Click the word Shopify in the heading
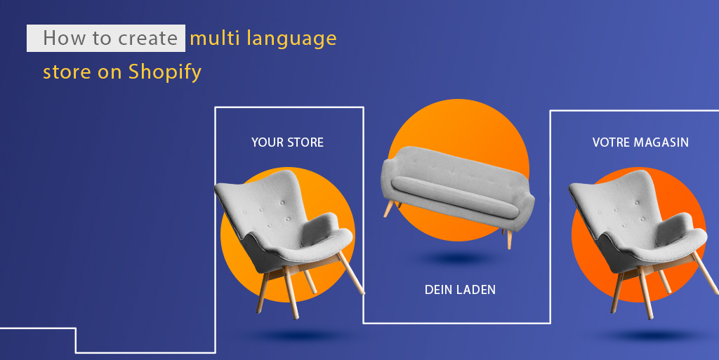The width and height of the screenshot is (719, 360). (164, 72)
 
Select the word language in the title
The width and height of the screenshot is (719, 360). (292, 39)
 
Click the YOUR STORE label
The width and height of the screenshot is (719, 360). (287, 142)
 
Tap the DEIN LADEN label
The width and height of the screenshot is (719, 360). (460, 289)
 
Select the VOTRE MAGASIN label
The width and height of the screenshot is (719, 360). (640, 142)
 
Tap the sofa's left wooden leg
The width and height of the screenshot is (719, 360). (388, 208)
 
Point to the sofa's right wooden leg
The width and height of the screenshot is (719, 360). (509, 238)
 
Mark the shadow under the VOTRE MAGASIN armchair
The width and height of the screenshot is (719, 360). (642, 335)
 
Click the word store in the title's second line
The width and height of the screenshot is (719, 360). (66, 72)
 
